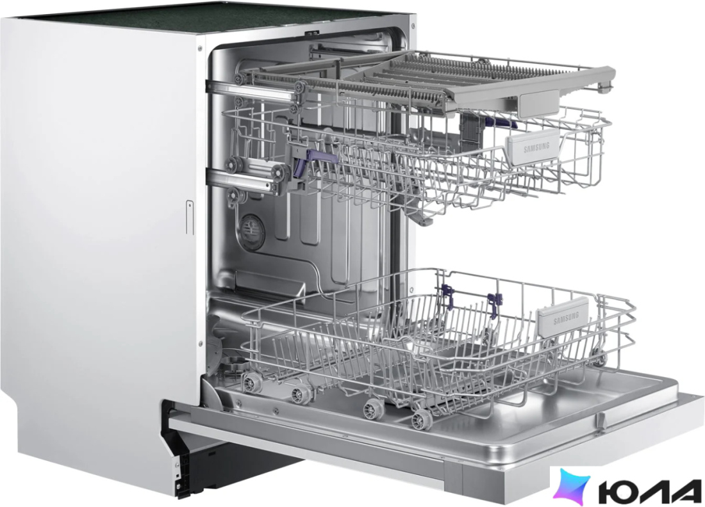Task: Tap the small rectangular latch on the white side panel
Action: (x=190, y=218)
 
